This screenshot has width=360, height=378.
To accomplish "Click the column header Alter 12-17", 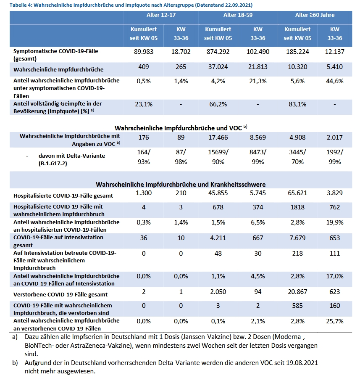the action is (161, 15).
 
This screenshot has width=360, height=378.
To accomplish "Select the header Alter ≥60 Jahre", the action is (315, 15).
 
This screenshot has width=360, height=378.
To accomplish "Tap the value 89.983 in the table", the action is (144, 52).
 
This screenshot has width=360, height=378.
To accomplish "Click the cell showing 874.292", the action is (218, 52).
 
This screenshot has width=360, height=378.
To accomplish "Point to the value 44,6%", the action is (334, 81).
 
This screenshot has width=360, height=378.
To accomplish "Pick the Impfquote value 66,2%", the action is (218, 104).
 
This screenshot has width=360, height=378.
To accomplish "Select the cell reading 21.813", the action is (258, 67).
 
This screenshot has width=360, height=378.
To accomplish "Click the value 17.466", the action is (218, 137).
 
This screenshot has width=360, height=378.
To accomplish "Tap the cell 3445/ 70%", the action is (297, 157).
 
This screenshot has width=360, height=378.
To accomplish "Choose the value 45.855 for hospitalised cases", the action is (218, 193).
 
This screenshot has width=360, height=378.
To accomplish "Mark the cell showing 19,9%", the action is (334, 222).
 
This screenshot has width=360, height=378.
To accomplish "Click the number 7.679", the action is (297, 238).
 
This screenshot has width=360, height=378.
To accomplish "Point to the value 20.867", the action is (297, 292).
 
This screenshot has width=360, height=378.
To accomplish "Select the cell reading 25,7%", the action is (334, 321).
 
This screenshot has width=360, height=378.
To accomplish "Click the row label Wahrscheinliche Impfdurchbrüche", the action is (58, 70).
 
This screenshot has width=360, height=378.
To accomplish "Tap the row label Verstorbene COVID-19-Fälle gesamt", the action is (60, 295).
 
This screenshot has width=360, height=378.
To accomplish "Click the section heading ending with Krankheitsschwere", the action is (181, 185).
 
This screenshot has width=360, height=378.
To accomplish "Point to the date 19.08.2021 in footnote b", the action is (302, 363).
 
